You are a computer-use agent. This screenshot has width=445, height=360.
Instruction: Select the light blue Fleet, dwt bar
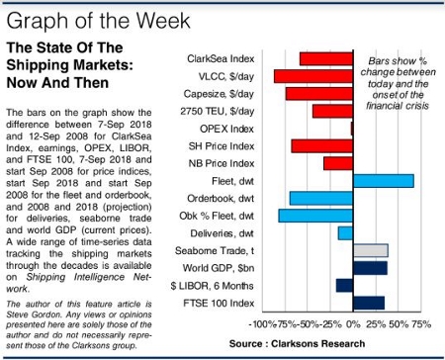[x=384, y=180]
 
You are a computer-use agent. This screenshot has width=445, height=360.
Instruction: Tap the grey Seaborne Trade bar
[x=371, y=250]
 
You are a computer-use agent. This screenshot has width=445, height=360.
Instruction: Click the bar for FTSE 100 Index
[x=369, y=303]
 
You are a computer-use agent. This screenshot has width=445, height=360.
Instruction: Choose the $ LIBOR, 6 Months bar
[x=344, y=285]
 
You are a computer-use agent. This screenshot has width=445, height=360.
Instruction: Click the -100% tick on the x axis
[x=264, y=323]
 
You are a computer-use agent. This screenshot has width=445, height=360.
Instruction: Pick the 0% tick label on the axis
[x=353, y=323]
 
